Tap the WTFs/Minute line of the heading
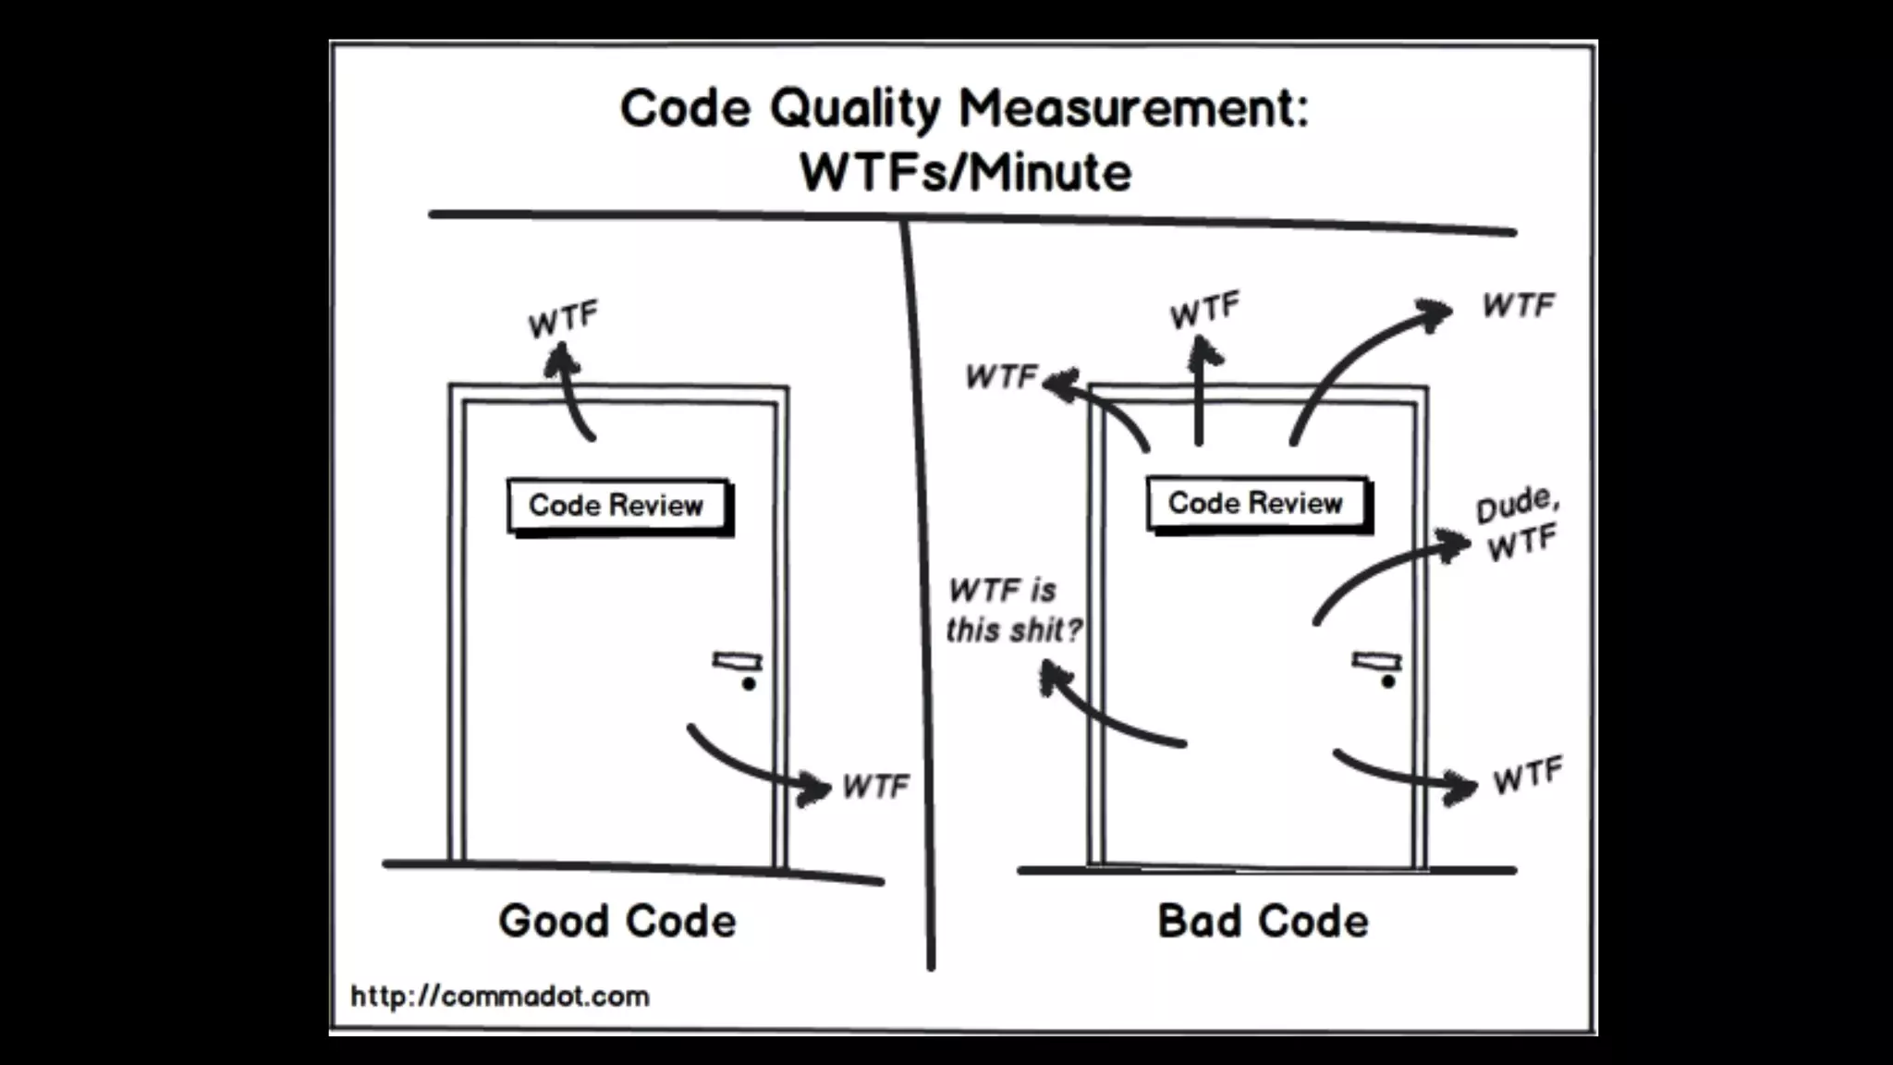click(965, 173)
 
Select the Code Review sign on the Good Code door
click(617, 506)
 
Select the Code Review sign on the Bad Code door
click(1255, 504)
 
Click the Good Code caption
click(617, 922)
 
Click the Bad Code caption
click(1263, 922)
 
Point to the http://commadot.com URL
click(500, 997)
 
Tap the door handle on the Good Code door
click(738, 662)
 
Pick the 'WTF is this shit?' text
click(1013, 610)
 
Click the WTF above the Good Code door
click(563, 320)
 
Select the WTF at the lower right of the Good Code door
click(875, 787)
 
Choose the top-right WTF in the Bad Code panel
click(1519, 305)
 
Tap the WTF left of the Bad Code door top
click(1001, 377)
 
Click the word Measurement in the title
click(1133, 110)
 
